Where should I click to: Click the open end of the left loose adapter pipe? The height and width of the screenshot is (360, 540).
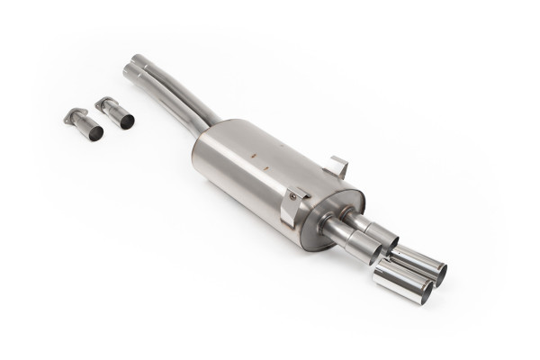click(x=94, y=131)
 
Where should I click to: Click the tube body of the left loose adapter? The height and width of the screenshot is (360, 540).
click(x=85, y=124)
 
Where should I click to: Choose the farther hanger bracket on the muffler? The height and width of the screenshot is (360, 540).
click(x=338, y=167)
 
